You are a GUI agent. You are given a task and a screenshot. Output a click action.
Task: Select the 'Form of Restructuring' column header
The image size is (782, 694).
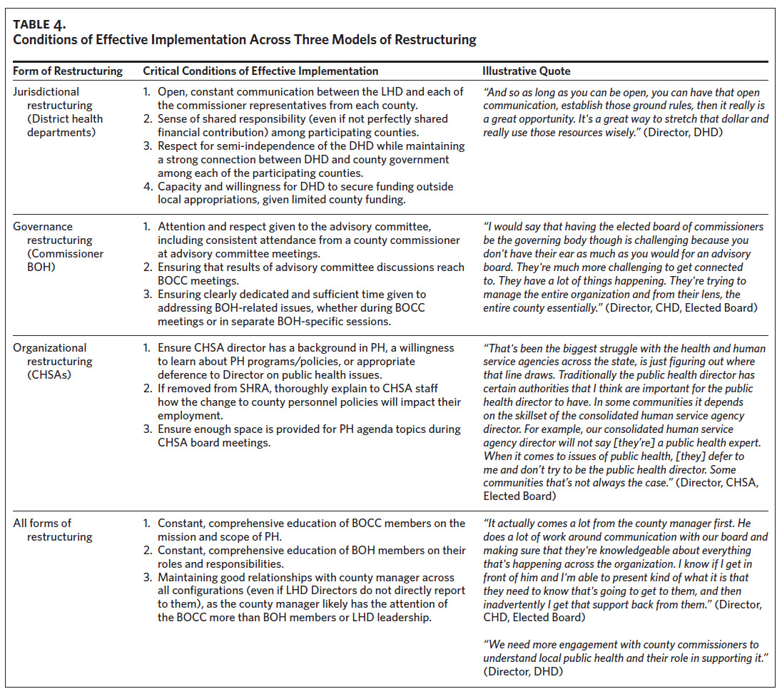68,71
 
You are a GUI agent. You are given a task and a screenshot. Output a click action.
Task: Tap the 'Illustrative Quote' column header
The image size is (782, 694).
527,71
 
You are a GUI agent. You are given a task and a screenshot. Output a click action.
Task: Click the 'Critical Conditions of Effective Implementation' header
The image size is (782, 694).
260,71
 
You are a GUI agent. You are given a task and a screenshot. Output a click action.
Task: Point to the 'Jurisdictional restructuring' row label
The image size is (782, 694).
57,112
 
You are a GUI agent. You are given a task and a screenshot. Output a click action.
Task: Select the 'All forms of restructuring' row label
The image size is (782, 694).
54,530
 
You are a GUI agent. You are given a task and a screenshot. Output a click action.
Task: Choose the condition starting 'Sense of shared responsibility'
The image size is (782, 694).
303,126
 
